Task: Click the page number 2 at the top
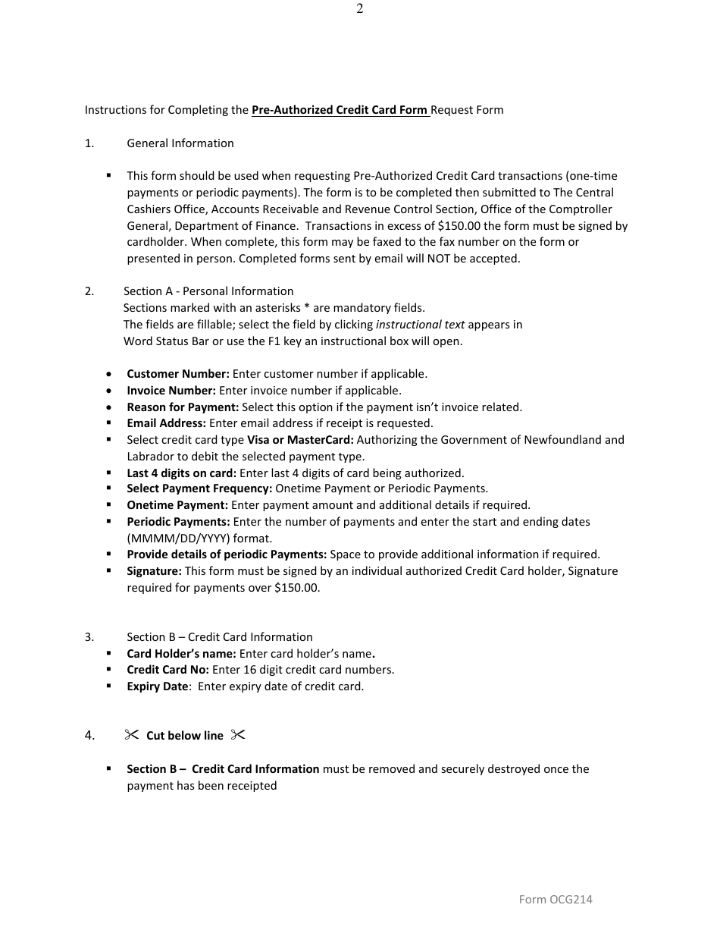pyautogui.click(x=359, y=9)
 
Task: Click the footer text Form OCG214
pyautogui.click(x=555, y=900)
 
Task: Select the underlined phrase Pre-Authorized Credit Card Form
pyautogui.click(x=340, y=110)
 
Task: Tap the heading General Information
pyautogui.click(x=180, y=143)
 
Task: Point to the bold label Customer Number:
pyautogui.click(x=178, y=374)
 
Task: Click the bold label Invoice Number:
pyautogui.click(x=171, y=391)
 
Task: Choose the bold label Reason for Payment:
pyautogui.click(x=183, y=407)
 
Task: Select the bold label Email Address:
pyautogui.click(x=166, y=423)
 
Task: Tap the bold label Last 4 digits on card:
pyautogui.click(x=181, y=473)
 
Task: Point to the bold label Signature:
pyautogui.click(x=154, y=571)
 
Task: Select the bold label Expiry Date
pyautogui.click(x=157, y=686)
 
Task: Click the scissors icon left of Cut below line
pyautogui.click(x=132, y=735)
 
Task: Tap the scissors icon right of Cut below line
pyautogui.click(x=238, y=735)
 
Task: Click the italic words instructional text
pyautogui.click(x=420, y=325)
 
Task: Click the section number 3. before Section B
pyautogui.click(x=89, y=637)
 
